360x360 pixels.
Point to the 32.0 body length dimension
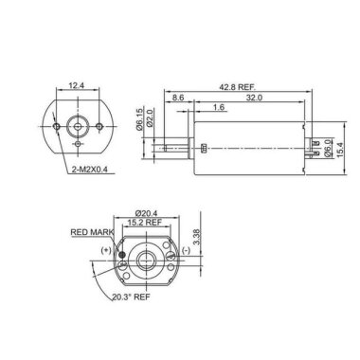[x=253, y=98]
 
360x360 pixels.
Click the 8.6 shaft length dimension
[x=180, y=98]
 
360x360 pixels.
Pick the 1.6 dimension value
[x=219, y=109]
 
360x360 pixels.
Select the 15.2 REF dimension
[x=144, y=225]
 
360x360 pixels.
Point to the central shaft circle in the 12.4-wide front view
[x=76, y=125]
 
